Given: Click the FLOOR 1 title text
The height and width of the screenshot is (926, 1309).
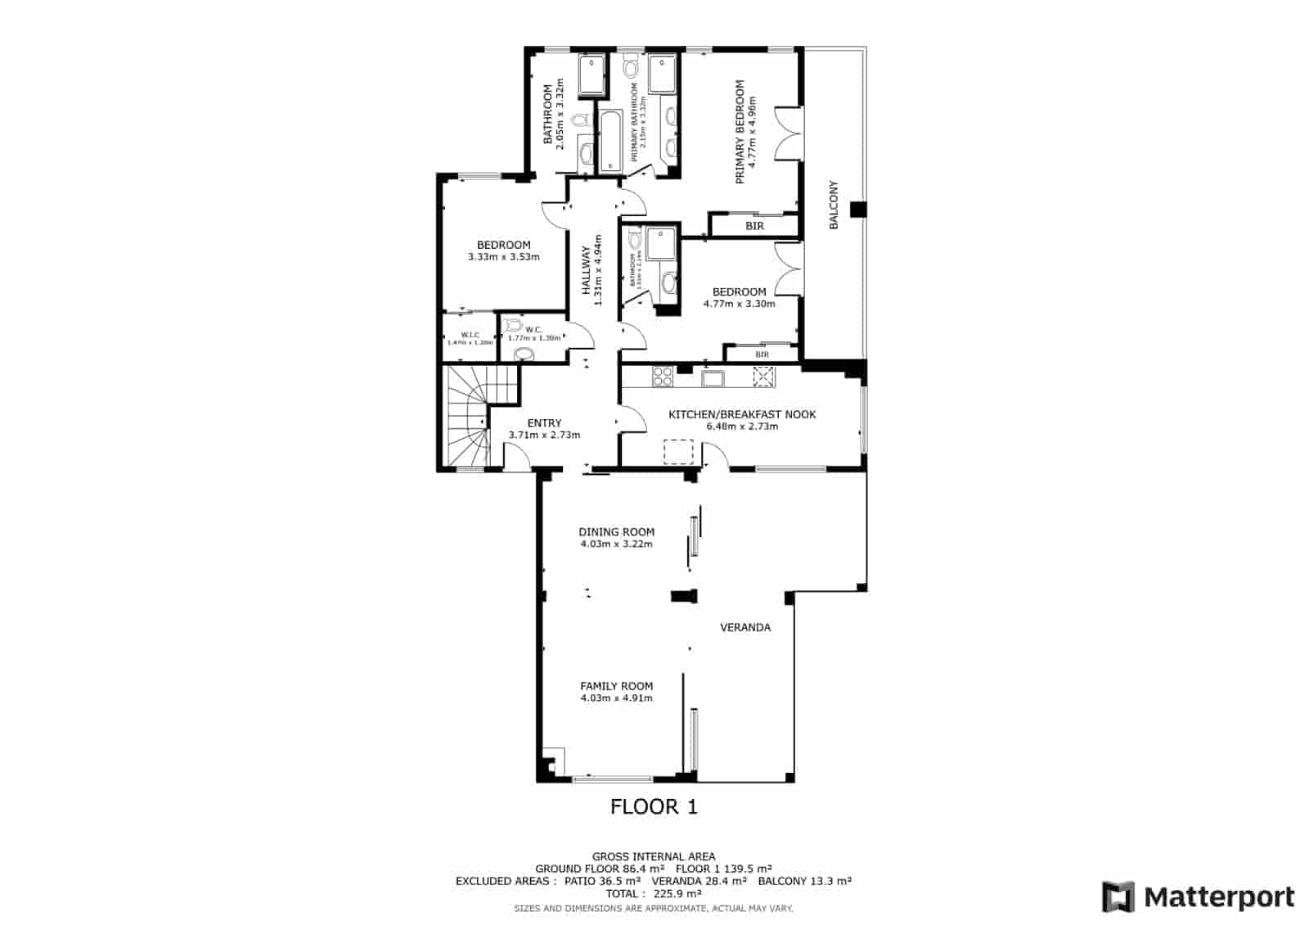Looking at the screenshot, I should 654,807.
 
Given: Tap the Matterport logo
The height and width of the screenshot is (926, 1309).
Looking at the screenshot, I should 1199,897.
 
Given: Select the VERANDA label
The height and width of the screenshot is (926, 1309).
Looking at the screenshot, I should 744,628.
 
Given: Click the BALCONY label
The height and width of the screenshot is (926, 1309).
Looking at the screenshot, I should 834,205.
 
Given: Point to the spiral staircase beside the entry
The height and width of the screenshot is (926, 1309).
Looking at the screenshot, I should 467,418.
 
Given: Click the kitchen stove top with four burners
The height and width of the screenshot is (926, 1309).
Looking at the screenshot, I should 662,377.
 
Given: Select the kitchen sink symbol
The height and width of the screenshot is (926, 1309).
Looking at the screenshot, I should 712,377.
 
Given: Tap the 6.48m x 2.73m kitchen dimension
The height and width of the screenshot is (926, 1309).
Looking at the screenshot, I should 742,427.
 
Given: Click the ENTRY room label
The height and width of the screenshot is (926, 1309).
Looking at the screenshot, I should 544,423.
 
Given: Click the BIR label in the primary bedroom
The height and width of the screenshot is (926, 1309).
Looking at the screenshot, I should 754,226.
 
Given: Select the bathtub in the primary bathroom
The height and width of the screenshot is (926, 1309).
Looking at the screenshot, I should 611,142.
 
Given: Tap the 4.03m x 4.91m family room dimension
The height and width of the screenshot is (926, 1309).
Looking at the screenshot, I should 616,698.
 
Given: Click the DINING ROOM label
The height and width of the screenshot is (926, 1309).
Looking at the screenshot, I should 616,532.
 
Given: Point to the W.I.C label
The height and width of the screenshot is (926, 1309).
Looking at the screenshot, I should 470,334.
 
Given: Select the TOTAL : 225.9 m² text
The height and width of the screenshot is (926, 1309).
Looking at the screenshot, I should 654,894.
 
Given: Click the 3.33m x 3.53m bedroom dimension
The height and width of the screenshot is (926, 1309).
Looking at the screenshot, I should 503,257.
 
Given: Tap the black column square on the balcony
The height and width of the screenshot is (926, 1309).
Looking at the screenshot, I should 857,209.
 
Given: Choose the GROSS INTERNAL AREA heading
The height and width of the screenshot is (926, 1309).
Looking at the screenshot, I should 654,856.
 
